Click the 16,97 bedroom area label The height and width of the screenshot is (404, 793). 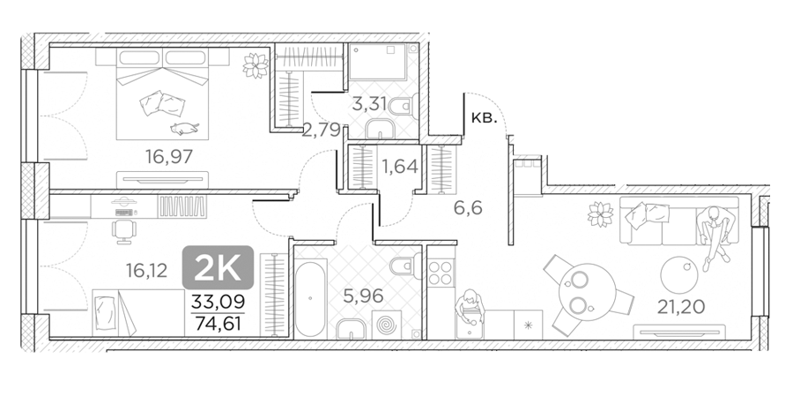[x=169, y=157]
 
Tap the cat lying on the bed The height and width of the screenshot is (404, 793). [x=184, y=129]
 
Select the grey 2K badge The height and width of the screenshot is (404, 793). [x=218, y=267]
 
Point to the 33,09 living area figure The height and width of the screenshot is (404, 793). [x=218, y=302]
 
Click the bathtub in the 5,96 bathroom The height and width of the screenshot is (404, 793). [x=310, y=299]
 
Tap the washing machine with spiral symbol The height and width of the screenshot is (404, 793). [x=388, y=324]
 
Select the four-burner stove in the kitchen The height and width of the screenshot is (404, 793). [x=441, y=273]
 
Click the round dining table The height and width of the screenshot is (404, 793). [x=587, y=292]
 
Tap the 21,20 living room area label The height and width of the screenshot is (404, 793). [x=681, y=306]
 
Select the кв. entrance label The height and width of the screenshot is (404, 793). [x=484, y=119]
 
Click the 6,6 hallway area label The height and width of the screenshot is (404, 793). [x=468, y=207]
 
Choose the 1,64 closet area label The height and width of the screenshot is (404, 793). [x=399, y=166]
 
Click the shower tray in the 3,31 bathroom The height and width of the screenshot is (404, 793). [x=377, y=63]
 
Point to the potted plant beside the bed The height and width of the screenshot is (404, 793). [x=255, y=65]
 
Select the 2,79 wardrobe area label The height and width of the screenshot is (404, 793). [x=321, y=131]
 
